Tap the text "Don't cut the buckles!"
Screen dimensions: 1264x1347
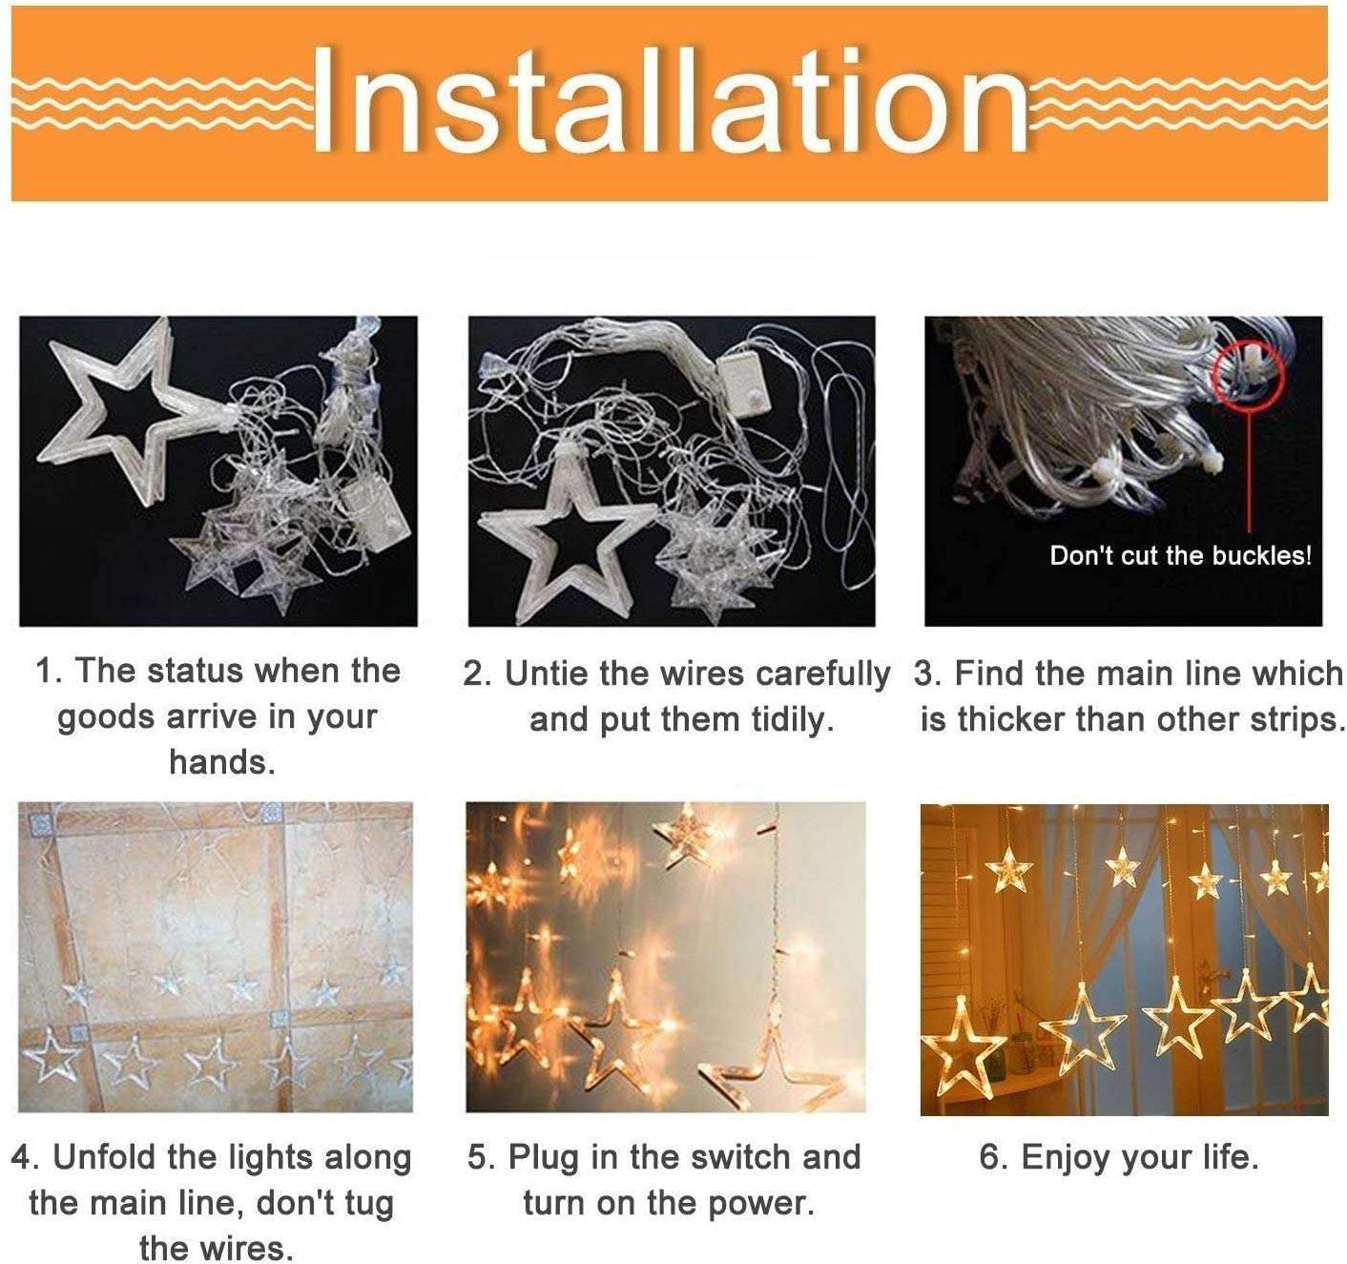coord(1180,555)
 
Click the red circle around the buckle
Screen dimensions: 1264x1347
coord(1249,374)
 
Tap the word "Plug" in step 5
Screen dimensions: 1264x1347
coord(544,1157)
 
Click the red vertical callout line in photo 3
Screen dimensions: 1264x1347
coord(1249,467)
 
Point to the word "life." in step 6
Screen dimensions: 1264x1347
coord(1230,1157)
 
